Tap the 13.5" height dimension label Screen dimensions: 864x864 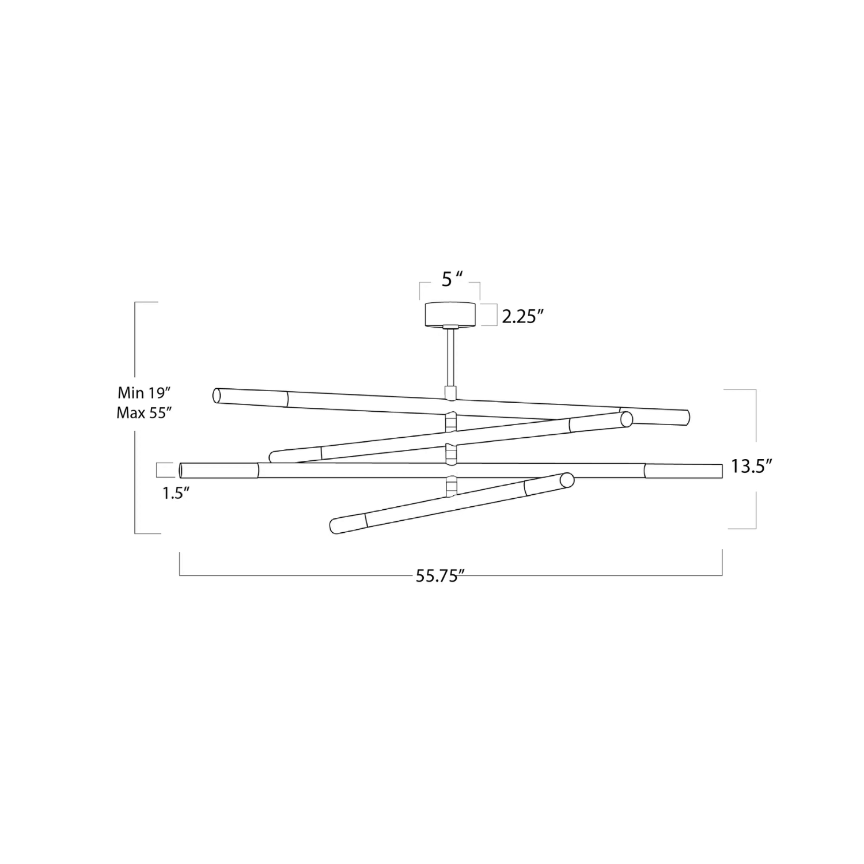[752, 466]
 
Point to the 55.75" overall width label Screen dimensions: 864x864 [440, 576]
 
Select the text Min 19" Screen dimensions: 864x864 [145, 393]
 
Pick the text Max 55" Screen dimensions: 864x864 [145, 413]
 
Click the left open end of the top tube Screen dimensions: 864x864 [217, 395]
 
